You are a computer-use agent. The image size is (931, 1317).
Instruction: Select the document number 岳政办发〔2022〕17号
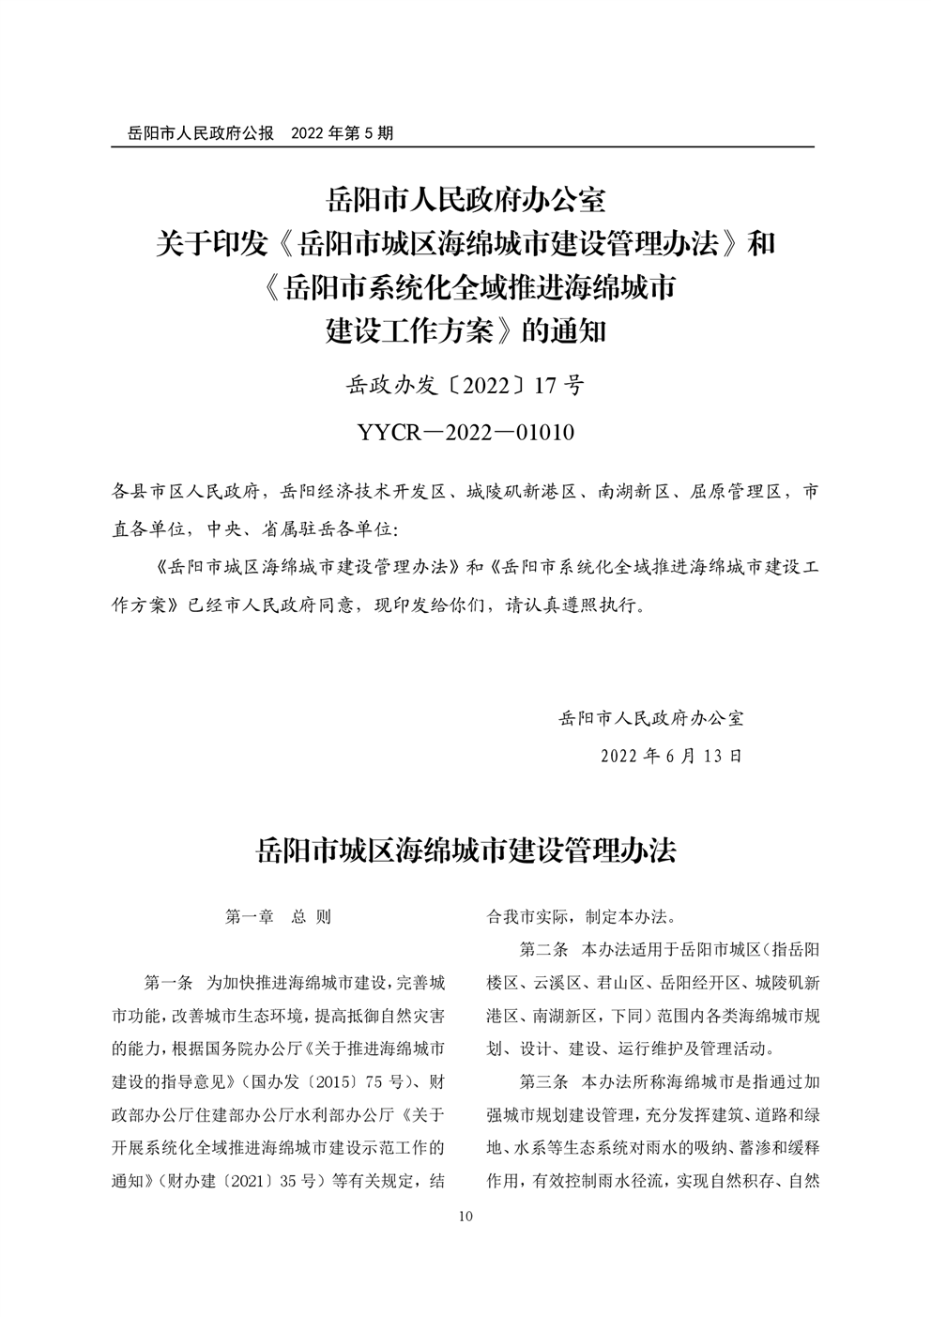point(465,386)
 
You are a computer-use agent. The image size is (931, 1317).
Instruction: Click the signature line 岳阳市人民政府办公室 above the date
point(650,718)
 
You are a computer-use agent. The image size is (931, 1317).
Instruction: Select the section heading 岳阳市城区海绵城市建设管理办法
point(465,850)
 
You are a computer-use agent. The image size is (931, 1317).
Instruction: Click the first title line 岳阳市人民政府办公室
point(465,200)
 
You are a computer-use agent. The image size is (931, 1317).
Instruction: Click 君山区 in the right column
point(619,983)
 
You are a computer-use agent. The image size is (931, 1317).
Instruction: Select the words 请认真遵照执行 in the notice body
point(573,605)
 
